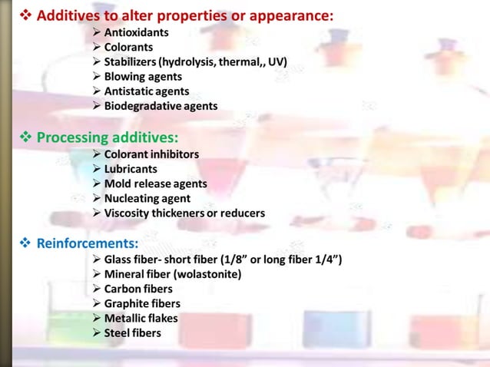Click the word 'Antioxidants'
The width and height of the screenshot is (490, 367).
[x=137, y=33]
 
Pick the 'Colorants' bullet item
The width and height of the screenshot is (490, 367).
[x=128, y=48]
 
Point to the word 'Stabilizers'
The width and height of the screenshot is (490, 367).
[x=131, y=62]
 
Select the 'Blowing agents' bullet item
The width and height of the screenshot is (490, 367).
[x=143, y=77]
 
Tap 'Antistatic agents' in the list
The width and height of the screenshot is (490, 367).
[x=147, y=91]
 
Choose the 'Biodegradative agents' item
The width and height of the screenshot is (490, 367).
[x=161, y=106]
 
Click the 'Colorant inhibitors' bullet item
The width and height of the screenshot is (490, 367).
[x=151, y=154]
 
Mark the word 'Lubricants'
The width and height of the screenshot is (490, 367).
[x=131, y=169]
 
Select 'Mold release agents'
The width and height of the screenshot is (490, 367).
[x=155, y=183]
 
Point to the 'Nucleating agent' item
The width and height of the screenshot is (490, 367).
[x=147, y=198]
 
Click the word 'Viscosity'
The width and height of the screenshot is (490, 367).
[x=128, y=213]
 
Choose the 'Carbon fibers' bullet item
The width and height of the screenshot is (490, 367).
[x=138, y=289]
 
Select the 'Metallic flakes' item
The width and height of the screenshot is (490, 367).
[x=141, y=318]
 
